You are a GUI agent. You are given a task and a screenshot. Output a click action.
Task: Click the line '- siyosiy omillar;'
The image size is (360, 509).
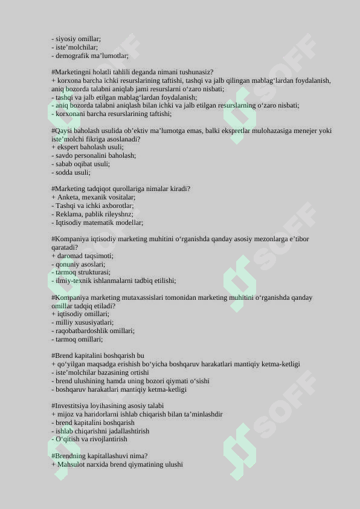coord(76,39)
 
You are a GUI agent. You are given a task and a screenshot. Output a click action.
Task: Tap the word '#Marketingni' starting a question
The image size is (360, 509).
coord(71,72)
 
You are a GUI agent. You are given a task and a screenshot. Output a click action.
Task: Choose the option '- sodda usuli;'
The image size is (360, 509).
coord(71,172)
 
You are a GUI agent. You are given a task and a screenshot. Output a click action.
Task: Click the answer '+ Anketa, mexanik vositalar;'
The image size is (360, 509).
coord(94,197)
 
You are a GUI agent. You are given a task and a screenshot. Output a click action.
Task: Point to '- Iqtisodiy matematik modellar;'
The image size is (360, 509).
coord(97,222)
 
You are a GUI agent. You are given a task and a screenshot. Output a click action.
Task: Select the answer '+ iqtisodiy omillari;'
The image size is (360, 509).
coord(80,314)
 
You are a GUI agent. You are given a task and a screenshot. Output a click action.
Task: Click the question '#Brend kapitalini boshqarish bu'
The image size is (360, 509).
coord(98,355)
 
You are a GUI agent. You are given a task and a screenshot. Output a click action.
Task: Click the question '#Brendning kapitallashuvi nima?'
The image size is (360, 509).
coord(100,456)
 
